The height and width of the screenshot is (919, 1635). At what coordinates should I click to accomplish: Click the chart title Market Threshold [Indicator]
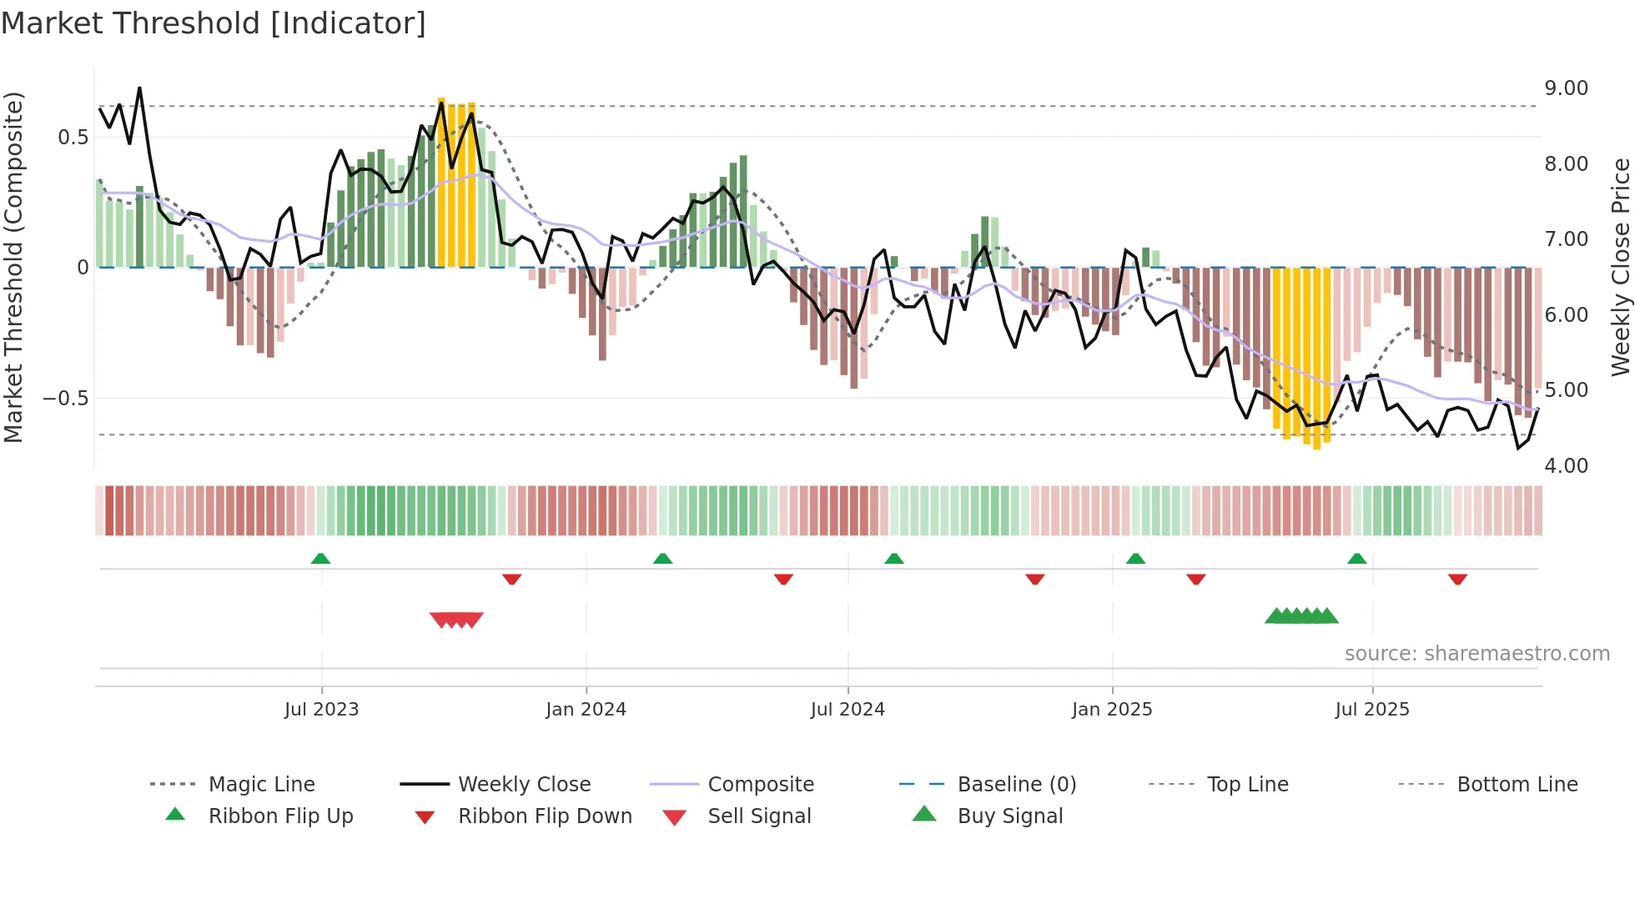point(214,23)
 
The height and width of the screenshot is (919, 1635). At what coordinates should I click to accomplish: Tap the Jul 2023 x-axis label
point(321,710)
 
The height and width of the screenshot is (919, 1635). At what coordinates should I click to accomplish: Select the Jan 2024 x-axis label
point(586,710)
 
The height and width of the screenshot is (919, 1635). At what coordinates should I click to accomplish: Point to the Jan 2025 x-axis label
point(1112,710)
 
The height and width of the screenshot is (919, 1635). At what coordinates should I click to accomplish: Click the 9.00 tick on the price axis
point(1566,88)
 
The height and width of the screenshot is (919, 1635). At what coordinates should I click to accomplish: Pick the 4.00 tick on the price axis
point(1566,466)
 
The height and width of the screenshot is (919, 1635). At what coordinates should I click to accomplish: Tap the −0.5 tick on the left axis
point(65,399)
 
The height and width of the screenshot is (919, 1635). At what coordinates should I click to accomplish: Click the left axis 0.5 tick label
point(73,138)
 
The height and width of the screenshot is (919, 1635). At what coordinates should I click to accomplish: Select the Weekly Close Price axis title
point(1620,267)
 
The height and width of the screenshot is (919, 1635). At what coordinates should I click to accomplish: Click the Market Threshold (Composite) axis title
point(13,267)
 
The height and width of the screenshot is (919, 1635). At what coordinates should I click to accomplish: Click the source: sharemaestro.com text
point(1477,654)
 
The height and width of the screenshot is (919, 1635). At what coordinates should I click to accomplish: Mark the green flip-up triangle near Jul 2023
point(320,559)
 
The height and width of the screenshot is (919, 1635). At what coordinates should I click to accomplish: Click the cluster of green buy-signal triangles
point(1301,616)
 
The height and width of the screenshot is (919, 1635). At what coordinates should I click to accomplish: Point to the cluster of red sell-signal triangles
point(456,620)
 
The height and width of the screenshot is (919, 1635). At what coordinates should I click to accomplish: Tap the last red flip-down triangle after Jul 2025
point(1457,579)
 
